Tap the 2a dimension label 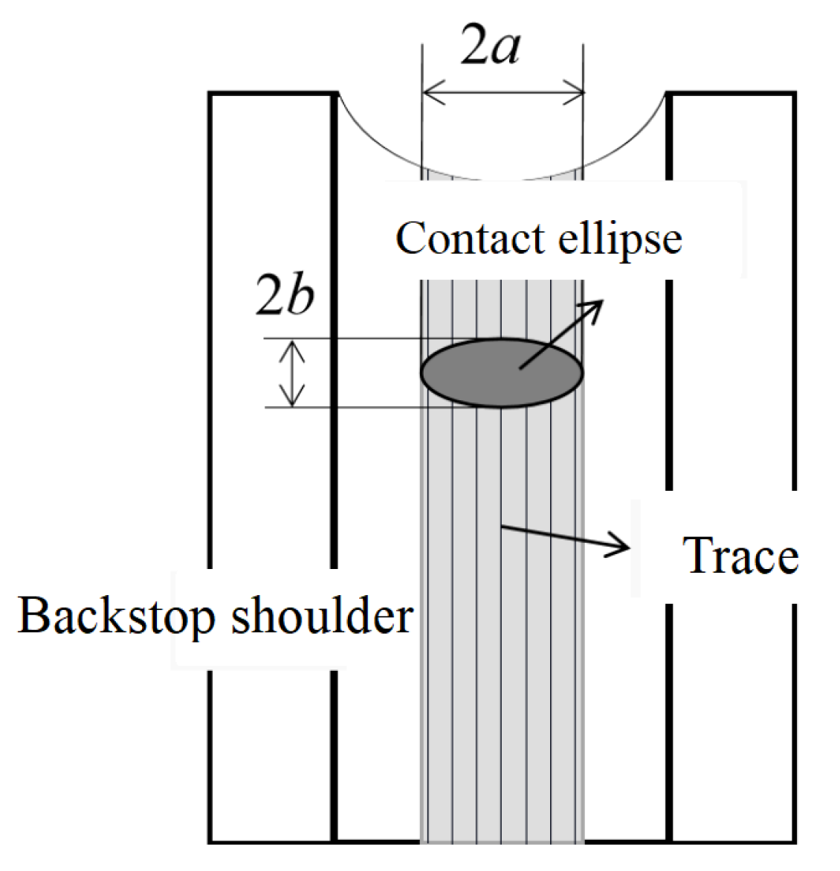pyautogui.click(x=490, y=46)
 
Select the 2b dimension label pyautogui.click(x=285, y=295)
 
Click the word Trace pyautogui.click(x=740, y=556)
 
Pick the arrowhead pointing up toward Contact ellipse pyautogui.click(x=593, y=308)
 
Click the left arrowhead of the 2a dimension pyautogui.click(x=431, y=94)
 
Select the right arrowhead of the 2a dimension pyautogui.click(x=575, y=94)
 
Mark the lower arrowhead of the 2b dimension pyautogui.click(x=292, y=399)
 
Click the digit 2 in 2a pyautogui.click(x=474, y=46)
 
